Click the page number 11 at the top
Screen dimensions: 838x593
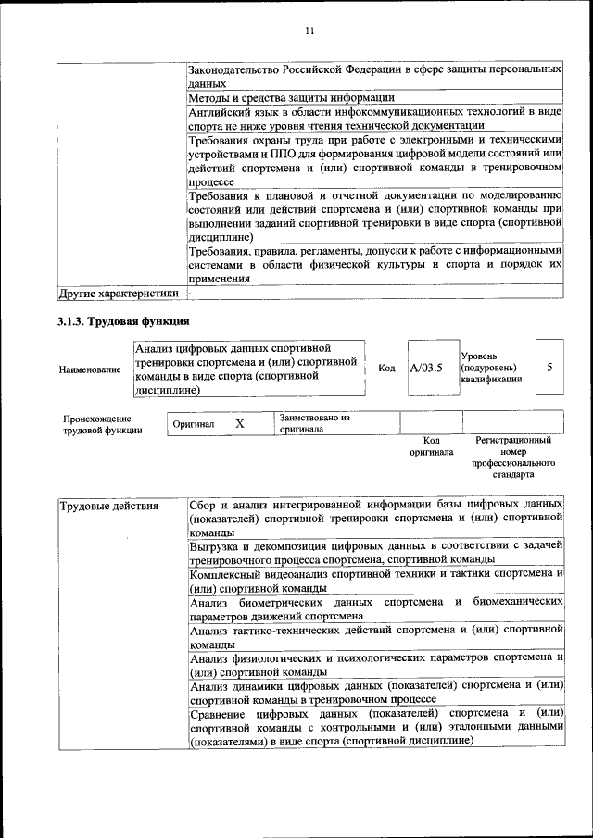(309, 31)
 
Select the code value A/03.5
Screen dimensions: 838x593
(426, 369)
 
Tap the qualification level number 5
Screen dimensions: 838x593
(549, 368)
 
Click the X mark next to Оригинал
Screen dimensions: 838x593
(239, 423)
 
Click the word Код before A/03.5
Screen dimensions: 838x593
(387, 369)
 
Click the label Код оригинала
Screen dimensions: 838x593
(431, 446)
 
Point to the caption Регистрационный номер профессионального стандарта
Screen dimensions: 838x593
(512, 457)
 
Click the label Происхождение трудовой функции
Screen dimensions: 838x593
(103, 424)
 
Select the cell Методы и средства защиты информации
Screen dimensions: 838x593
(292, 97)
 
